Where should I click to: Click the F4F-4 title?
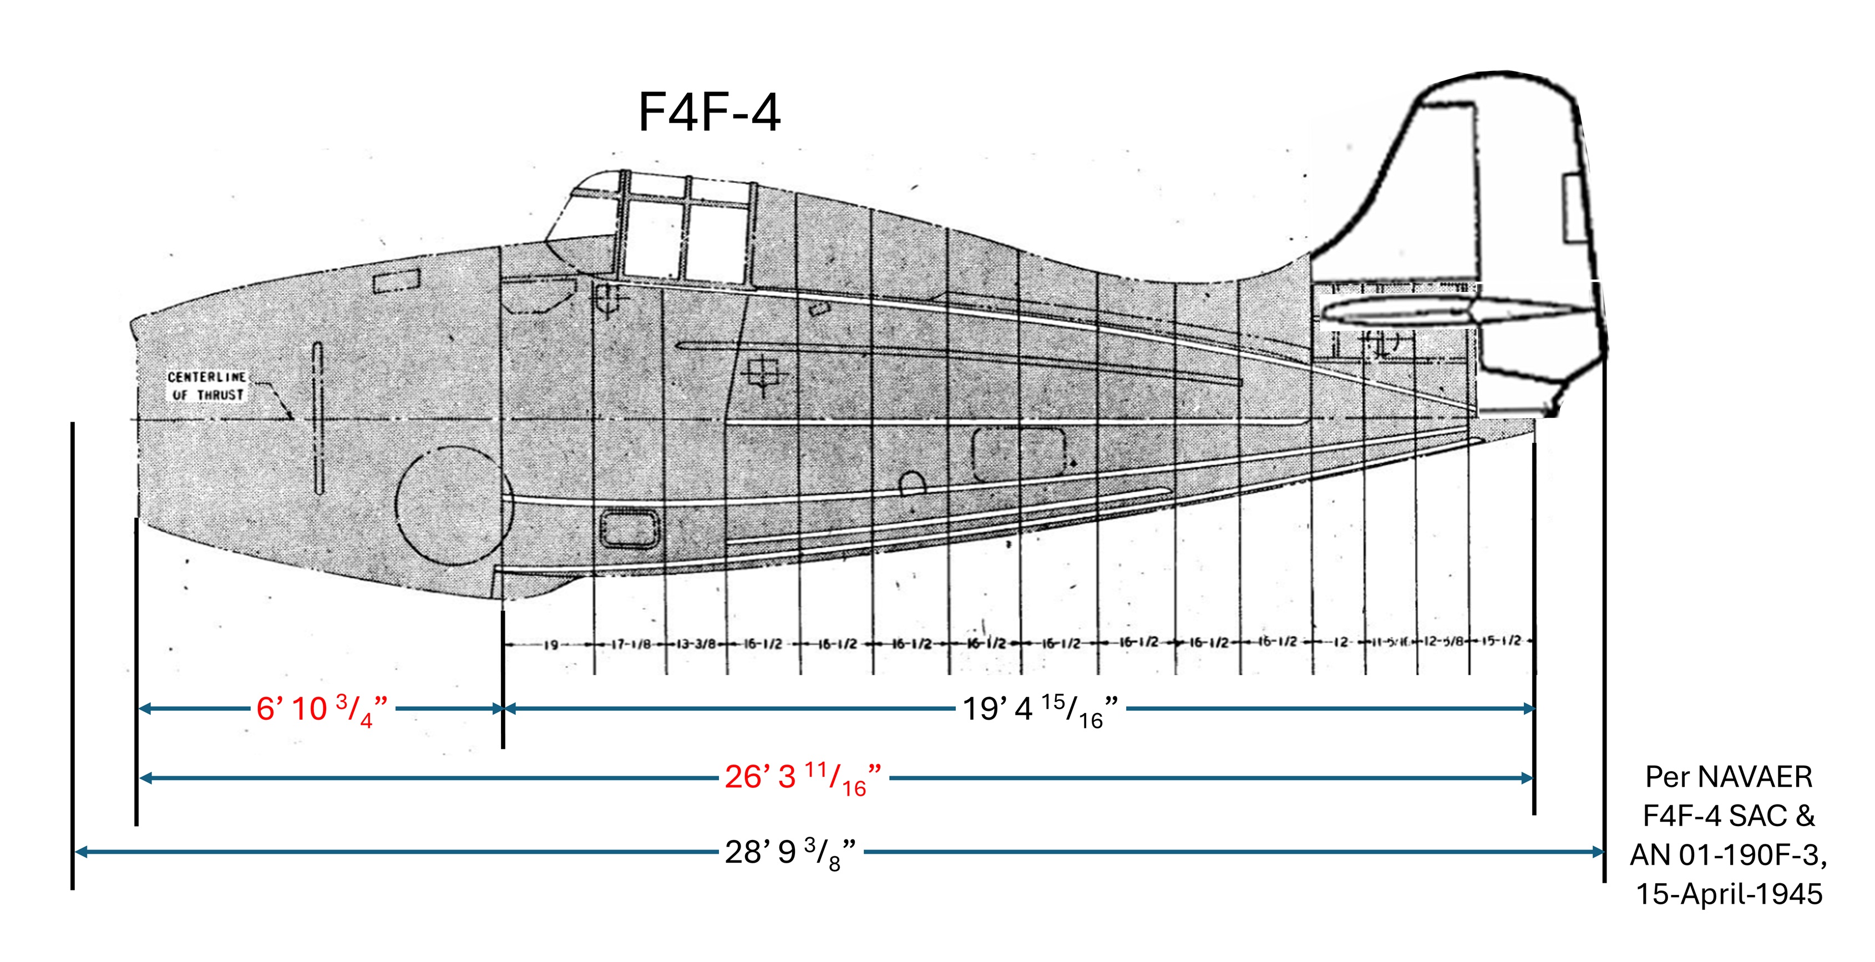click(x=709, y=112)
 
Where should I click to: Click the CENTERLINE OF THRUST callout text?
click(x=207, y=386)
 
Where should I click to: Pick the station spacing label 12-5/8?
click(x=1443, y=642)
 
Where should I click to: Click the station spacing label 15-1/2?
click(x=1502, y=642)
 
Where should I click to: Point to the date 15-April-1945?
click(x=1729, y=894)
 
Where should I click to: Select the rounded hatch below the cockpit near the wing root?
click(x=630, y=529)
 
